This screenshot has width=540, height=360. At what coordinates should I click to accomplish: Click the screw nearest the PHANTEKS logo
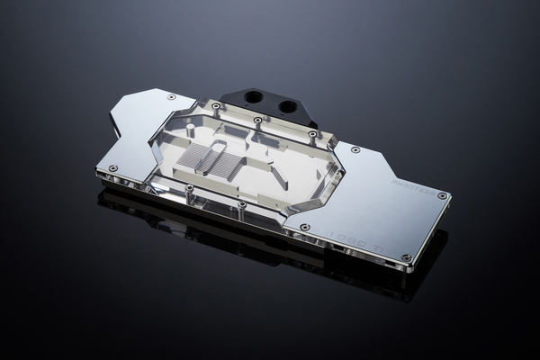tap(442, 195)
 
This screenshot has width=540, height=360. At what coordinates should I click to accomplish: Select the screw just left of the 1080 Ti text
tap(304, 227)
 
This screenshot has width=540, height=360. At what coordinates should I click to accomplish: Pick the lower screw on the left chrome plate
tap(113, 167)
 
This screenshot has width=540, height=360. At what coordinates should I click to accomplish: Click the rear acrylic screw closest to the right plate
tap(313, 133)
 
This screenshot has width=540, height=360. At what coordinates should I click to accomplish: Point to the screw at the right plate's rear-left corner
tap(355, 149)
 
